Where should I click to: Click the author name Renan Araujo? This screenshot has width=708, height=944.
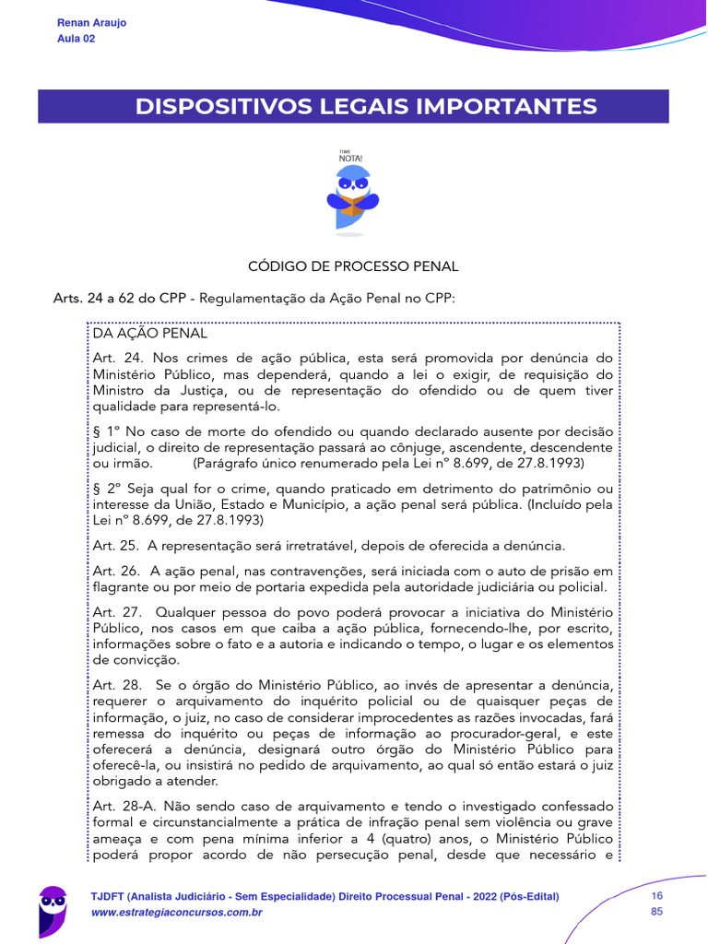click(x=91, y=22)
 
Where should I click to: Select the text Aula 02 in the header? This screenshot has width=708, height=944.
click(x=76, y=39)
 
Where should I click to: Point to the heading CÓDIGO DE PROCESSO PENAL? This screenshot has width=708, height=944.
click(x=353, y=266)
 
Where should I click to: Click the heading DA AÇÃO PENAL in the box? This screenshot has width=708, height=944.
click(x=150, y=334)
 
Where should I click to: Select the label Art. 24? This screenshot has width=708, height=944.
click(x=116, y=357)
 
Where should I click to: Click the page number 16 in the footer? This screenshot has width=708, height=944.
click(x=657, y=896)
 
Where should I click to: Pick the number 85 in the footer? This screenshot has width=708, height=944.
click(x=657, y=913)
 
